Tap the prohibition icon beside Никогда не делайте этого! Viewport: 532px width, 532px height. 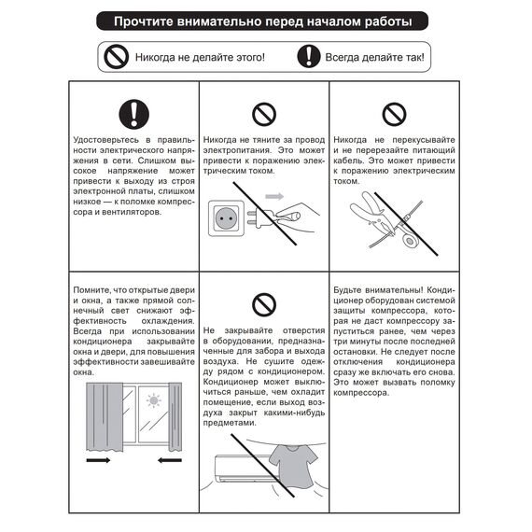pos(117,57)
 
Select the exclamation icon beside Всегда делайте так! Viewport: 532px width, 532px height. pos(308,57)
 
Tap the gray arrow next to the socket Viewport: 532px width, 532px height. pos(273,198)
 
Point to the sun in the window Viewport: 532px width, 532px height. pos(153,402)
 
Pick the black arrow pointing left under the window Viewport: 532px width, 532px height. pos(168,460)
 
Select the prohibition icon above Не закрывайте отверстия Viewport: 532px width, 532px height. pos(264,303)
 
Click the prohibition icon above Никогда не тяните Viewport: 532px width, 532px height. pos(264,115)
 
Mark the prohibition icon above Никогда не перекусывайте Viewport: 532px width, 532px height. pos(394,115)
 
